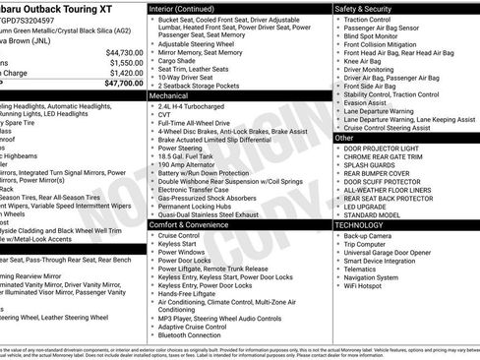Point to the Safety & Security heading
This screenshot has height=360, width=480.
371,8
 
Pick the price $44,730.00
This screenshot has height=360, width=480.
124,52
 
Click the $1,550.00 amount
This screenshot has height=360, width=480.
127,62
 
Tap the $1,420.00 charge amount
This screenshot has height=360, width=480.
127,73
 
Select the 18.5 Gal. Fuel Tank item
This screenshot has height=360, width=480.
190,162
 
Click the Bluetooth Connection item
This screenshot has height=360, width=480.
196,335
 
